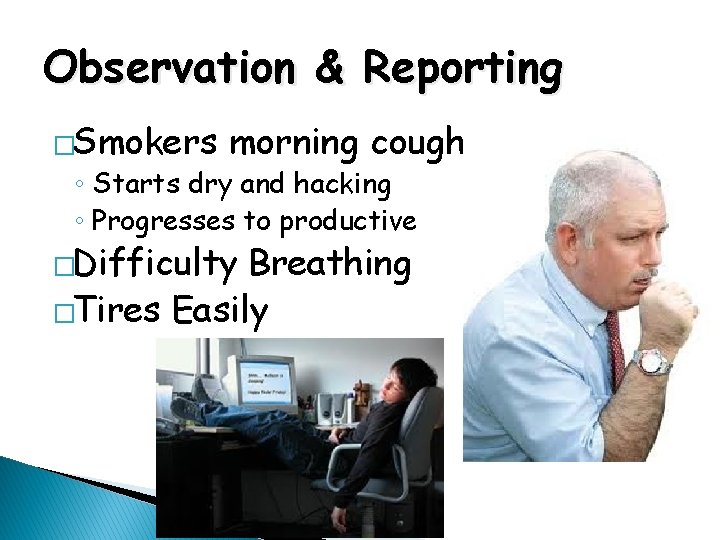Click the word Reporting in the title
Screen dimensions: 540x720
(462, 69)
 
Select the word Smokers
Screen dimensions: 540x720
(146, 144)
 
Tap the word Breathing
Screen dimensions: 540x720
(330, 264)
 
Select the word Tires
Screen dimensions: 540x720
(117, 311)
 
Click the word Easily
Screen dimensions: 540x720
(220, 312)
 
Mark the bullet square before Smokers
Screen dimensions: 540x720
(64, 146)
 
